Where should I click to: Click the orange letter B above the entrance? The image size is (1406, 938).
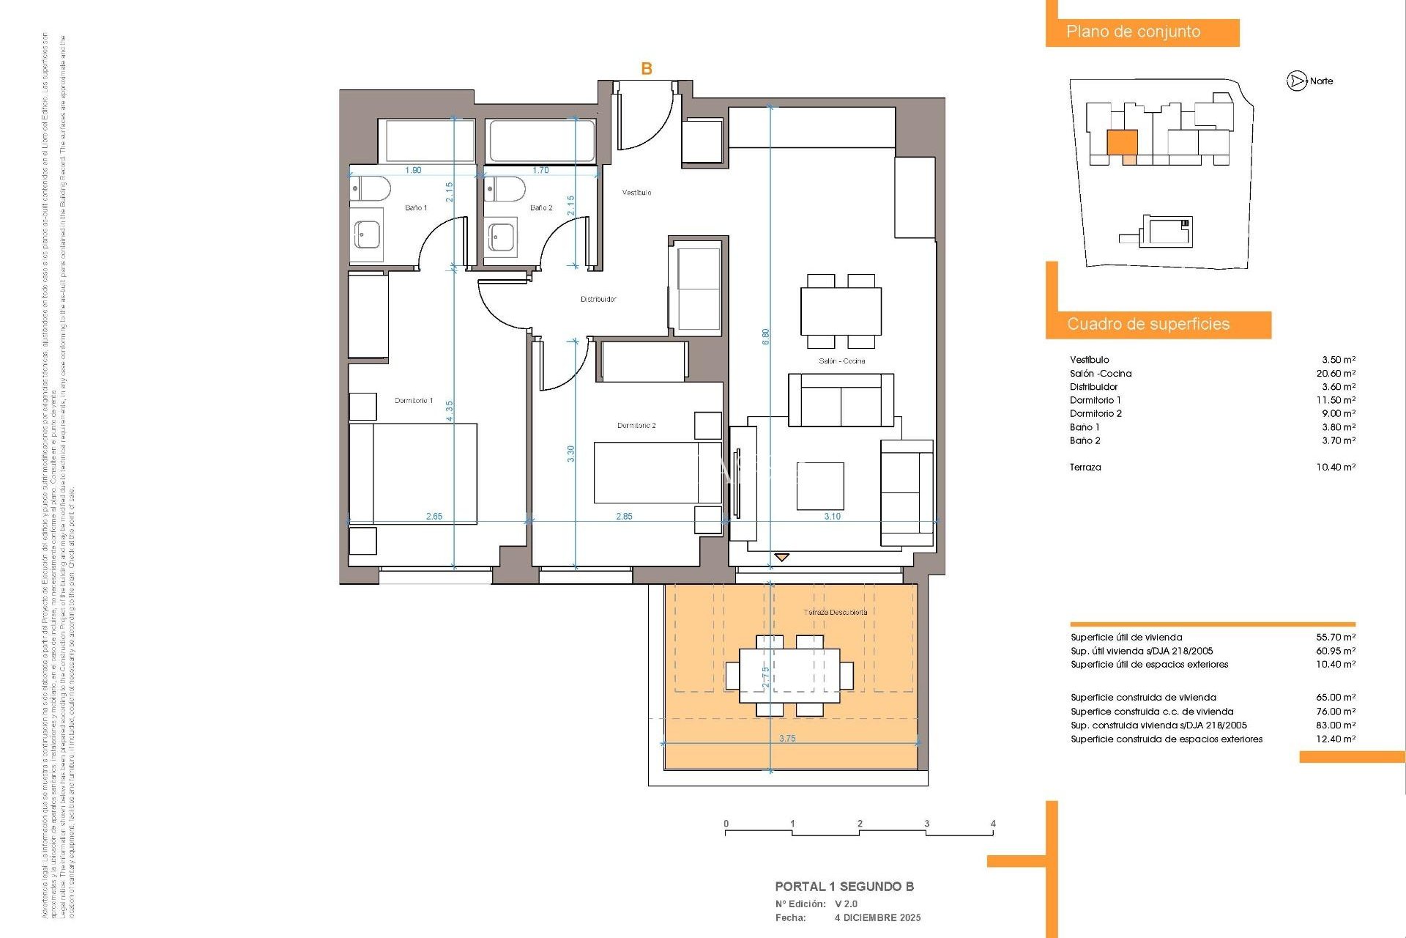coord(647,69)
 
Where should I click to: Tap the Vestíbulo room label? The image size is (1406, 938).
coord(636,193)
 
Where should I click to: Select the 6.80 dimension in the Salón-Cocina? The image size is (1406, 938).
coord(766,336)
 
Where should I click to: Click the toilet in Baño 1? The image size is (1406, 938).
coord(371,190)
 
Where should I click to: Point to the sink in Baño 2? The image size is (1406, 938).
coord(502,237)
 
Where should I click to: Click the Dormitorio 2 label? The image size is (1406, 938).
coord(636,426)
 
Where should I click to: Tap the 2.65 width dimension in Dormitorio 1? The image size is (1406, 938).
coord(434,517)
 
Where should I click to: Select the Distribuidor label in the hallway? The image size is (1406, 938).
coord(598,299)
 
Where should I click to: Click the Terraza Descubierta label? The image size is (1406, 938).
coord(836,613)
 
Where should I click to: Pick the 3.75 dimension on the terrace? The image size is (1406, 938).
coord(787,739)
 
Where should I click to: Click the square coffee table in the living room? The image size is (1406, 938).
coord(820,486)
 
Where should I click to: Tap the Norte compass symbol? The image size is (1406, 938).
coord(1297,81)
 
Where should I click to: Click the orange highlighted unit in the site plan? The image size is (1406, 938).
coord(1122,143)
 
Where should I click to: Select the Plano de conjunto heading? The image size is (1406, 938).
coord(1133,32)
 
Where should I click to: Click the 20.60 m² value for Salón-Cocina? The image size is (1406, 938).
coord(1336,374)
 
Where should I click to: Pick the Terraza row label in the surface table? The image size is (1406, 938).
coord(1085,468)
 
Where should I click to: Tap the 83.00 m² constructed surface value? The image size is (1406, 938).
coord(1336,725)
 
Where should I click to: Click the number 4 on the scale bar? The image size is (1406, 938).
coord(993,824)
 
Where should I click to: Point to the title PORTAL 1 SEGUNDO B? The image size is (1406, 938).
coord(844,887)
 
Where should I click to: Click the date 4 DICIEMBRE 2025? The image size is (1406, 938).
coord(877,917)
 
